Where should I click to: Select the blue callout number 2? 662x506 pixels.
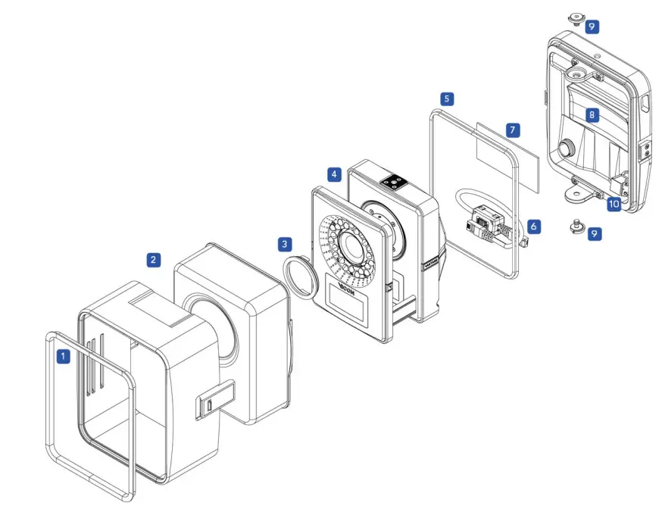(x=153, y=260)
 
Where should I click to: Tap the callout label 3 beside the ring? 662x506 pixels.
(x=284, y=244)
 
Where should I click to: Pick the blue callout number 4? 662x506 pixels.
(x=334, y=174)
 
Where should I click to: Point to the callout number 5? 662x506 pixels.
(x=448, y=98)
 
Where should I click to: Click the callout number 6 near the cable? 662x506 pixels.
(x=535, y=226)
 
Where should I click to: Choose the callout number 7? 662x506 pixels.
(x=513, y=130)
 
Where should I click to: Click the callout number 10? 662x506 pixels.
(x=613, y=204)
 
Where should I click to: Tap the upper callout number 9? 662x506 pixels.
(x=592, y=27)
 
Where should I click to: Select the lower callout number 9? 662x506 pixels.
(x=595, y=234)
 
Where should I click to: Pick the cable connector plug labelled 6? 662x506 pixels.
(x=485, y=224)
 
